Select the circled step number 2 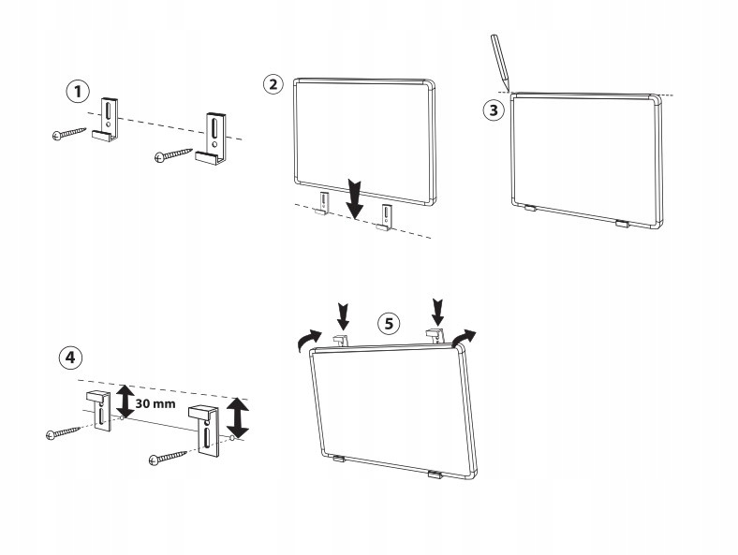pos(273,84)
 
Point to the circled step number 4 pos(68,357)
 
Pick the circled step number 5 pos(389,323)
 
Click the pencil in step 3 pos(498,62)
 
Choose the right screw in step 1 pos(175,153)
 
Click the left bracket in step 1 pos(107,122)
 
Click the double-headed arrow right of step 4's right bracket pos(239,417)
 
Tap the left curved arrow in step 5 pos(306,343)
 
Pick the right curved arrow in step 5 pos(464,337)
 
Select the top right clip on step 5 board pos(435,334)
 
